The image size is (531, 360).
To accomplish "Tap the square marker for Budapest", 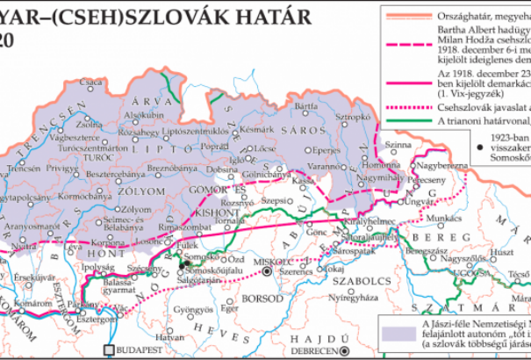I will point(111,350).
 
